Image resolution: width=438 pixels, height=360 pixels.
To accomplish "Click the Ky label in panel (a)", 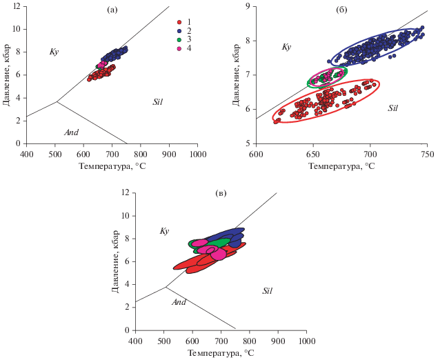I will point(54,52).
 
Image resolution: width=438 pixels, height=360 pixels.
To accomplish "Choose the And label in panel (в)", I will point(179,302).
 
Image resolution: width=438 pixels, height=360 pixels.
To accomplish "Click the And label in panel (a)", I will point(71,132).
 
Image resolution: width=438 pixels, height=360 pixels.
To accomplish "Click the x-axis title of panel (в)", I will point(221,353).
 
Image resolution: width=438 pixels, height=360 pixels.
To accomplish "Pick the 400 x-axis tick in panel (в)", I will point(135,341).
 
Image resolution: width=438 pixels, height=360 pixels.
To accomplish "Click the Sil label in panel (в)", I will point(268,291).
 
